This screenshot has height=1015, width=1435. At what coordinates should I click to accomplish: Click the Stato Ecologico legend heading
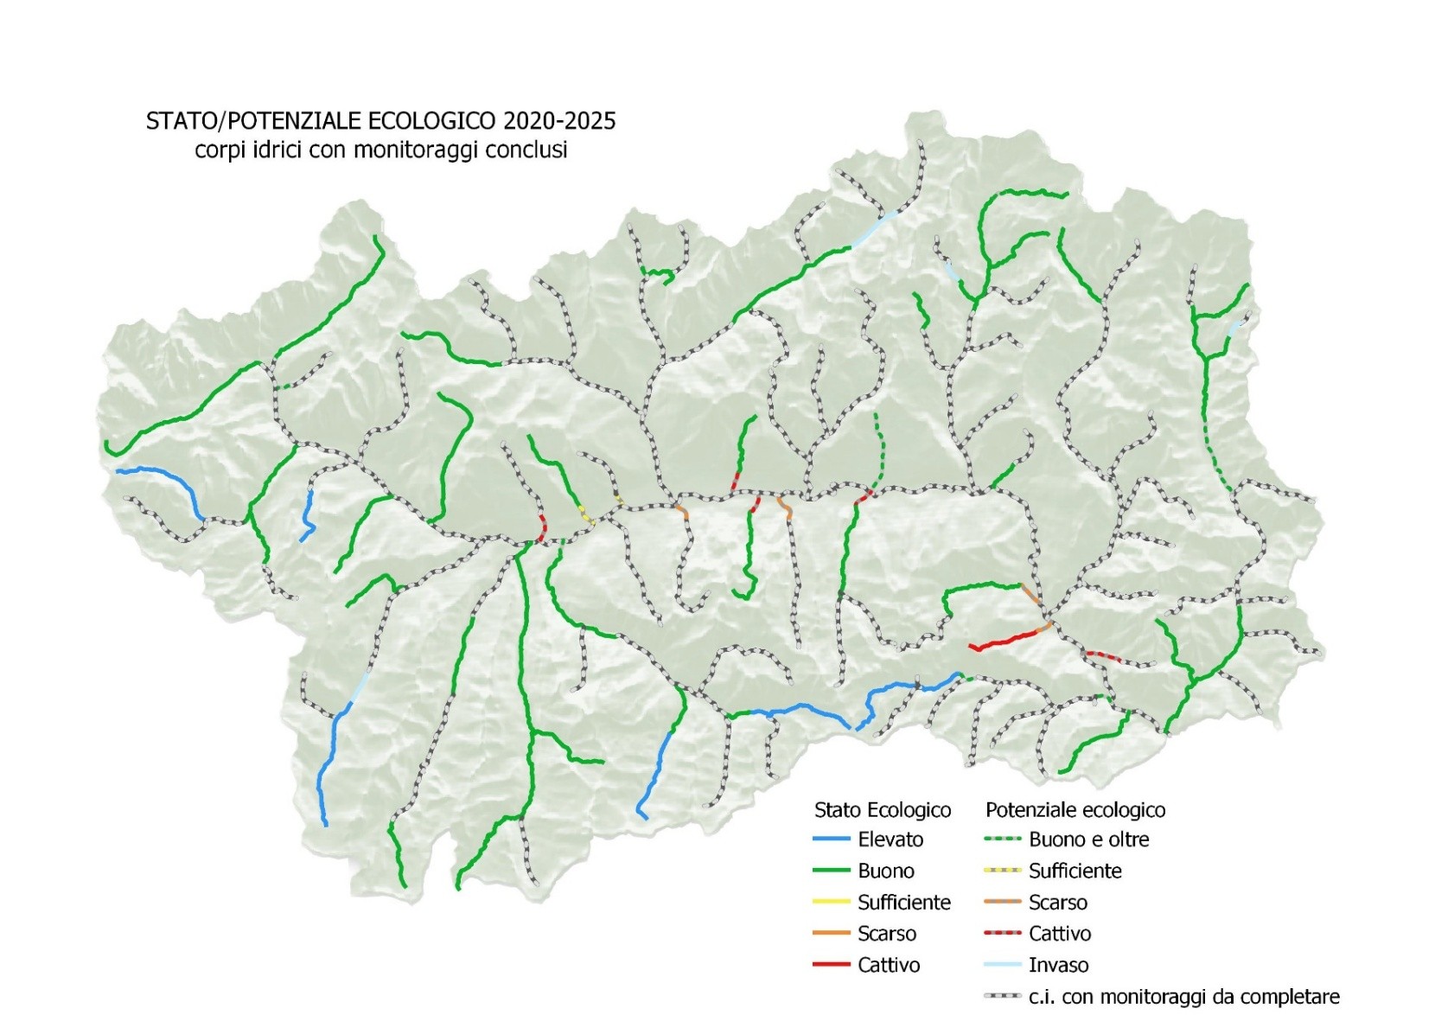click(882, 810)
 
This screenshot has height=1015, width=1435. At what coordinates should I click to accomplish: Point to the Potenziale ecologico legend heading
click(1075, 810)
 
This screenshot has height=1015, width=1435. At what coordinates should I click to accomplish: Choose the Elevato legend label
click(890, 839)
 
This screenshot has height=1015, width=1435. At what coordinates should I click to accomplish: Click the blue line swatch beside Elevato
click(831, 839)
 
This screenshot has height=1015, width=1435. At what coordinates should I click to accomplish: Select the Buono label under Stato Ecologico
click(885, 871)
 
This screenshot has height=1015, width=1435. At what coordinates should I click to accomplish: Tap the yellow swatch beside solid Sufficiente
click(831, 902)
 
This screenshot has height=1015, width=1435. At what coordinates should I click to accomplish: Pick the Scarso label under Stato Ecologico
click(886, 934)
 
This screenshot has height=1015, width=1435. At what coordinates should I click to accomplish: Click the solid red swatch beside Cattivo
click(831, 965)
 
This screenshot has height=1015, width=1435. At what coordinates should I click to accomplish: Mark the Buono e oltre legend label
click(1088, 839)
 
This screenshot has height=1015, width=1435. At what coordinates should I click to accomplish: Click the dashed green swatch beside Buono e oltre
click(1002, 839)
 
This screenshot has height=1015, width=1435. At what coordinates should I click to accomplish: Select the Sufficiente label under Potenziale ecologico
click(1075, 871)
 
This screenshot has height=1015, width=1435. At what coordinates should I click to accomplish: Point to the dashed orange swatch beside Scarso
click(1002, 902)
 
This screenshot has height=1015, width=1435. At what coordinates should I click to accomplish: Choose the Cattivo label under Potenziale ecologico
click(1059, 934)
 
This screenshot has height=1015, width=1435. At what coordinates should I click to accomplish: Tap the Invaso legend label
click(1058, 965)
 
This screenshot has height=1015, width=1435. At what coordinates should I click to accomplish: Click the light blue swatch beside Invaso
click(1002, 965)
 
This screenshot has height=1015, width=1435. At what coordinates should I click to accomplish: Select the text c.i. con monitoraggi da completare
click(1183, 997)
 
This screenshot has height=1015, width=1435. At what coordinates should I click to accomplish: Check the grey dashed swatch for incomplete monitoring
click(1002, 997)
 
